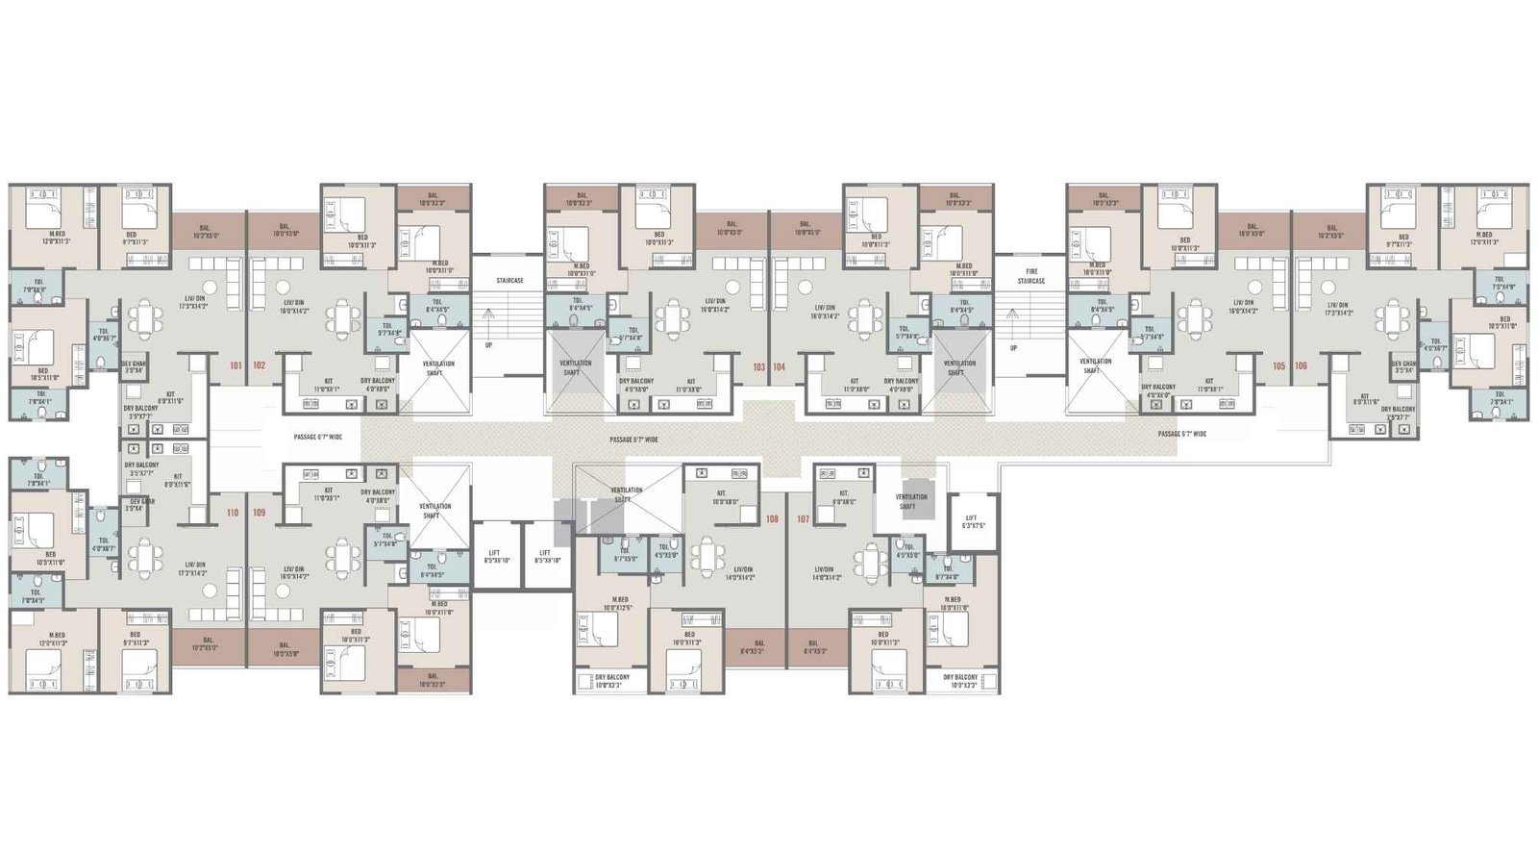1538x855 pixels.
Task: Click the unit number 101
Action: (236, 365)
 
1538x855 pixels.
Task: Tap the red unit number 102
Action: (260, 365)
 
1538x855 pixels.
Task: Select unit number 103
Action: (759, 366)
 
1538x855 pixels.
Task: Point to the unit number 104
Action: (780, 366)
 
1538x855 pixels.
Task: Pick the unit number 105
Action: (1278, 365)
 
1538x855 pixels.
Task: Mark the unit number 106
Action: (1301, 365)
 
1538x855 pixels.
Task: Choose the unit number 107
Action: (803, 519)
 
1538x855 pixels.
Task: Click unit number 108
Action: (772, 519)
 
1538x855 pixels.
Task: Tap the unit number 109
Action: (260, 513)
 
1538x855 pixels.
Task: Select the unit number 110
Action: (233, 513)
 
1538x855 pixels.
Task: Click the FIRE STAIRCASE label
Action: (1031, 275)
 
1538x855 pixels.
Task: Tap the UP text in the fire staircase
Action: (1013, 348)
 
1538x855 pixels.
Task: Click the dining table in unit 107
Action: (871, 559)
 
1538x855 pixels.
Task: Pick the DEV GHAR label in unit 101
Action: (134, 366)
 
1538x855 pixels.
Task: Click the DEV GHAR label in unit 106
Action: (1403, 366)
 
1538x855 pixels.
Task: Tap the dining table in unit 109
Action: (341, 557)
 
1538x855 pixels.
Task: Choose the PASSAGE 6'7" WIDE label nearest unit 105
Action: (1181, 434)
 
